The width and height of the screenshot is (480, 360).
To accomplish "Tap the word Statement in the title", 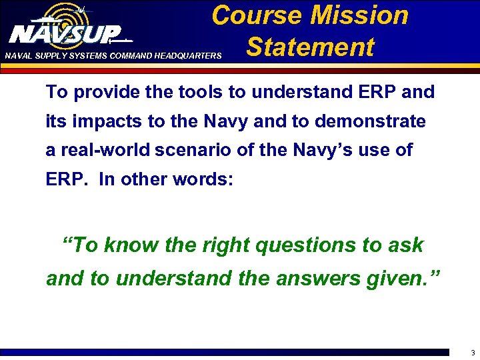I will click(x=310, y=47).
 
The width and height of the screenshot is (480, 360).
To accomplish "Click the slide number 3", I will click(x=472, y=353).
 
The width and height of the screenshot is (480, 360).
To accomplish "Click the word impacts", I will click(x=105, y=121).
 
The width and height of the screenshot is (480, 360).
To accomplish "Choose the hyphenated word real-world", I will click(x=109, y=151).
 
